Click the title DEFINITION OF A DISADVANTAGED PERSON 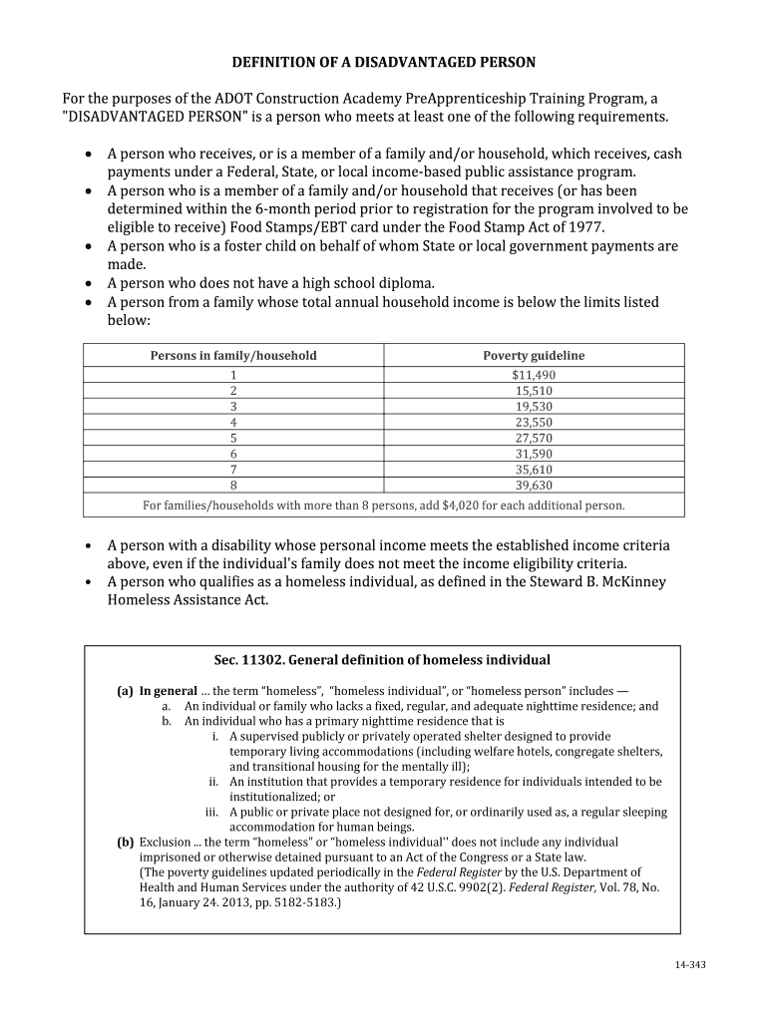point(384,62)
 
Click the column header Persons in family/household point(233,356)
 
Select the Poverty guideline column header point(534,356)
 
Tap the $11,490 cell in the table point(534,375)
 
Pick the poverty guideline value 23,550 point(534,422)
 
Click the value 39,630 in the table point(534,486)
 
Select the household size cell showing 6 point(233,454)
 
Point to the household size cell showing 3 point(233,407)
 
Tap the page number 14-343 point(690,966)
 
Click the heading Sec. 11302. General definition point(382,660)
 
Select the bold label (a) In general point(158,691)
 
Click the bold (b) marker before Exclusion point(126,843)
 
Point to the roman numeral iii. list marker point(211,813)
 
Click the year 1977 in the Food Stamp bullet point(585,226)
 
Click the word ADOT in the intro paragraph point(233,99)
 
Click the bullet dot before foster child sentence point(90,246)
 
